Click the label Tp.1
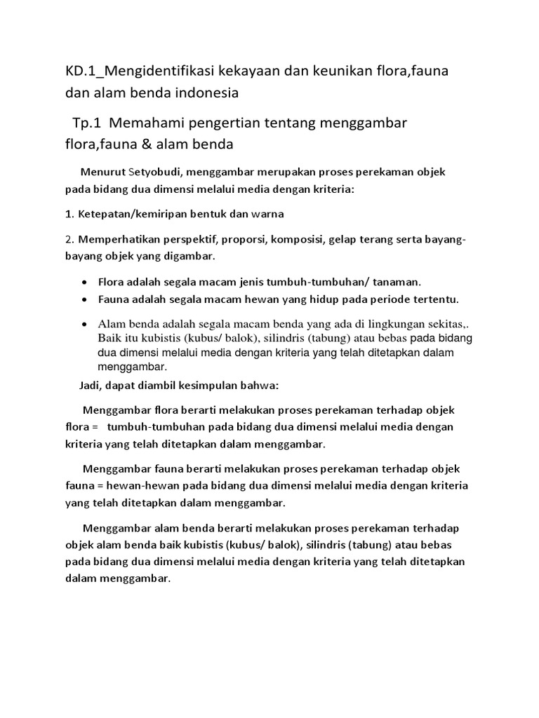87,123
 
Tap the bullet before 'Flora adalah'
85,283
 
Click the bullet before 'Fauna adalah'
85,300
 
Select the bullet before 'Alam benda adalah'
85,325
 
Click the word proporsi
239,240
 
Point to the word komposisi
295,240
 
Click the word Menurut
102,172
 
